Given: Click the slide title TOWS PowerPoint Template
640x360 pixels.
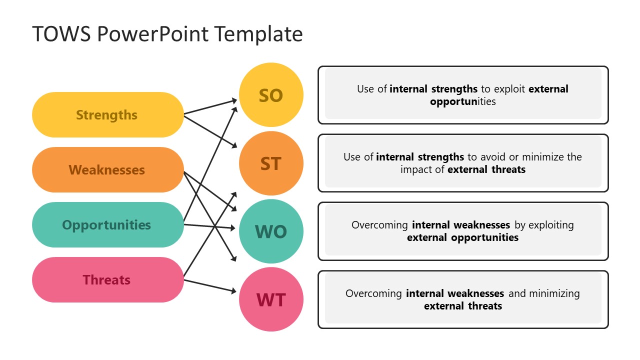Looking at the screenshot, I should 167,34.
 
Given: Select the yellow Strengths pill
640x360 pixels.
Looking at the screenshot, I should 107,115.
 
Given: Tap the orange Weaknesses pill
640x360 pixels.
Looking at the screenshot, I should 107,170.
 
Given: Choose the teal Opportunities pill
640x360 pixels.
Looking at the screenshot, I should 107,225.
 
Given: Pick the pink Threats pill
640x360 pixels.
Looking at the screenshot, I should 107,280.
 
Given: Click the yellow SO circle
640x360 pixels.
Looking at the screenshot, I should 271,95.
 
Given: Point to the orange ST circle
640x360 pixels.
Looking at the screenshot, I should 271,163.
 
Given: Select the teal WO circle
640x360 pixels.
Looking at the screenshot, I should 271,231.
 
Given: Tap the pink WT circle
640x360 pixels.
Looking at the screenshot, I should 271,299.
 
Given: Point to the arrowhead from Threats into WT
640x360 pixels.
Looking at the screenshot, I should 233,291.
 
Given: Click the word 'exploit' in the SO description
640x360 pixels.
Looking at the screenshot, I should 510,89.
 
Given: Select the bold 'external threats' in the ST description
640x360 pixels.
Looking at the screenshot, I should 486,169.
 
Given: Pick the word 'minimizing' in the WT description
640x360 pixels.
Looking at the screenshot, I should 554,293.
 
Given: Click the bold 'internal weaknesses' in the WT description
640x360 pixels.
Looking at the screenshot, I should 455,293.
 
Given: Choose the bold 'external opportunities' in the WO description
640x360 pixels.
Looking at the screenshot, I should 462,237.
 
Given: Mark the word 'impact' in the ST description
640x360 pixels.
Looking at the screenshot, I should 416,169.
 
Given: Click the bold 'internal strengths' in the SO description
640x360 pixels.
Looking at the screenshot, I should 433,89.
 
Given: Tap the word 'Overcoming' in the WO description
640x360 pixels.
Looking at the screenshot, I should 380,225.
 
